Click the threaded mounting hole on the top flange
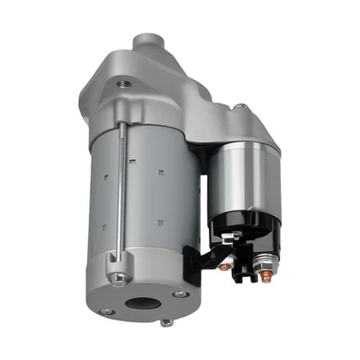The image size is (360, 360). click(124, 84)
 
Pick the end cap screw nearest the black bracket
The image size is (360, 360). click(180, 293)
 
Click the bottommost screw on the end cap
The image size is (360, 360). click(166, 321)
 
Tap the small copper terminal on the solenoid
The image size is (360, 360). click(223, 266)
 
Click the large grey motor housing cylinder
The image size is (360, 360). click(153, 207)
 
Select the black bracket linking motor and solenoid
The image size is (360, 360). click(193, 261)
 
